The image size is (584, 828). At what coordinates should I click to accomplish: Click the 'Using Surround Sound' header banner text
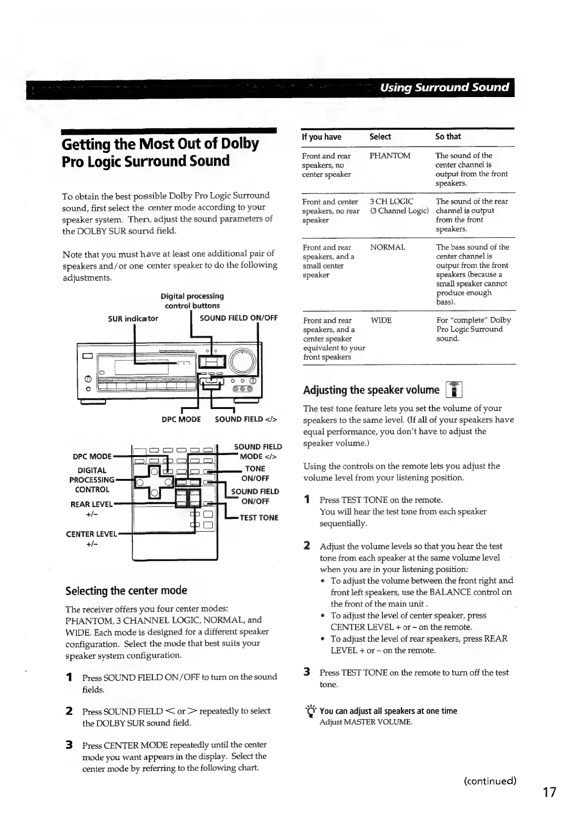[444, 88]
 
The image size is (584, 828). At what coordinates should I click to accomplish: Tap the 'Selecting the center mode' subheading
[126, 590]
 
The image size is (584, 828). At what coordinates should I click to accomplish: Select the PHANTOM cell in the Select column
[390, 155]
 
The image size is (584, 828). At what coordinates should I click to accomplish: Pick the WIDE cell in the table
[381, 320]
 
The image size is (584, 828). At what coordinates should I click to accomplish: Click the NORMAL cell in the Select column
[387, 247]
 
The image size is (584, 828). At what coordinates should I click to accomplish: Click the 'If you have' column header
[321, 137]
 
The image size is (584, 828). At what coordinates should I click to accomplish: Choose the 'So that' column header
[448, 137]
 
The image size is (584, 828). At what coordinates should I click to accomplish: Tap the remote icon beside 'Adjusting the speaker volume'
[454, 390]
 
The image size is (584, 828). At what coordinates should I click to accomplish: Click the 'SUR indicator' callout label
[133, 318]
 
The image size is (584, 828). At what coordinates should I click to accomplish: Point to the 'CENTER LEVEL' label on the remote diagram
[91, 534]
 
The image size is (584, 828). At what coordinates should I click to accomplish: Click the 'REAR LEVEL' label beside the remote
[92, 504]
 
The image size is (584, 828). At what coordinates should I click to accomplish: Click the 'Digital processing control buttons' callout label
[192, 301]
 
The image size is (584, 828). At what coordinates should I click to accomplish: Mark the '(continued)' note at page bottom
[489, 781]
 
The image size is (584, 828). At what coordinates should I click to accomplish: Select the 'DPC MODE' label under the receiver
[181, 419]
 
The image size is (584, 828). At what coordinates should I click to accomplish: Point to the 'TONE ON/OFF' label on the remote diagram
[255, 473]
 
